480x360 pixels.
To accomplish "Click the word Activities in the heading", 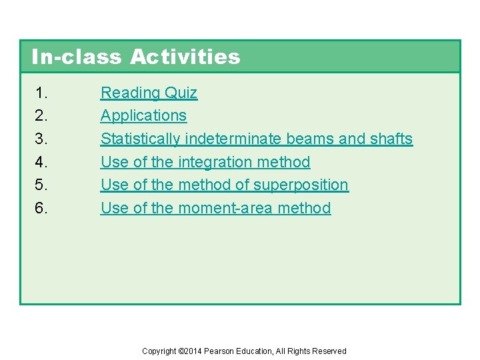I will pos(185,57).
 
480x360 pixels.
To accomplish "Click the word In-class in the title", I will pos(77,57).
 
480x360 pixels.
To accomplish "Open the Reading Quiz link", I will pos(149,93).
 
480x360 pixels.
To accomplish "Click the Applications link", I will pos(143,115).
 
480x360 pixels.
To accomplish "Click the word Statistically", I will pos(140,139).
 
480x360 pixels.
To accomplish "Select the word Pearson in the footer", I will pos(218,351).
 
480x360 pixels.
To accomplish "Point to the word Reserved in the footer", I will pos(330,351).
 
